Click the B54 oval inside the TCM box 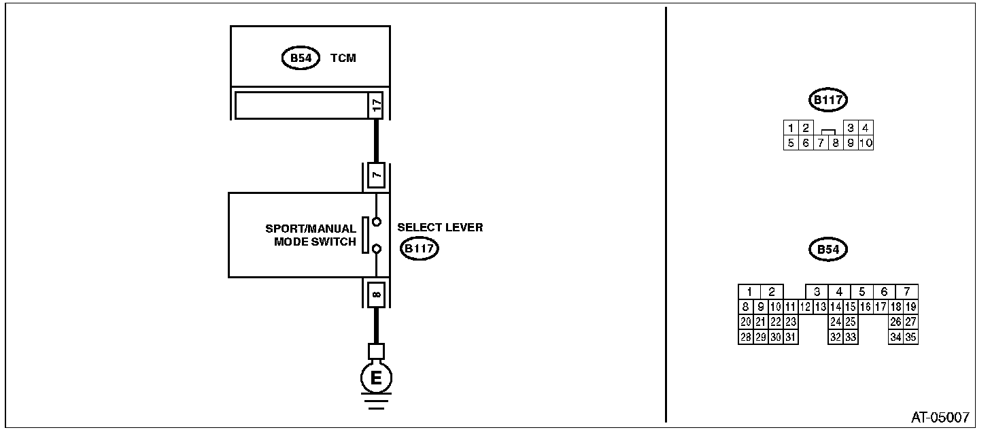tap(301, 58)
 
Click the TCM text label tap(343, 58)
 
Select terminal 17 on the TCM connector tap(376, 105)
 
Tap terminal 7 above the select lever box tap(376, 175)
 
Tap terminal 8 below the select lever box tap(376, 294)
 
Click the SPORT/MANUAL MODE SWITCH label tap(311, 235)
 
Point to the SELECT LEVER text tap(440, 227)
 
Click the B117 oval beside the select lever tap(419, 248)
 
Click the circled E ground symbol tap(376, 378)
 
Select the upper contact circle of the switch tap(377, 222)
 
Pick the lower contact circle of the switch tap(377, 249)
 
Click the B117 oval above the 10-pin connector tap(827, 100)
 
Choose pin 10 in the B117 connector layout tap(866, 143)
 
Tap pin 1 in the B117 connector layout tap(791, 129)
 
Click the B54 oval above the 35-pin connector tap(827, 250)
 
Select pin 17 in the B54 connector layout tap(881, 307)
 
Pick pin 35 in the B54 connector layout tap(910, 337)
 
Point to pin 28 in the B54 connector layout tap(746, 337)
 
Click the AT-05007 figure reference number tap(940, 417)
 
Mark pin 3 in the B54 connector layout tap(817, 292)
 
